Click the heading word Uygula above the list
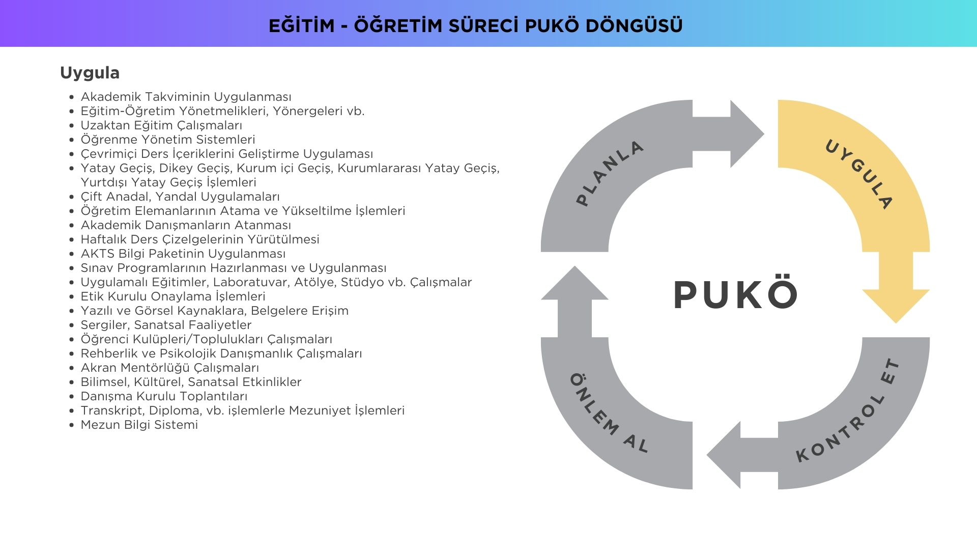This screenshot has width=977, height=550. [90, 73]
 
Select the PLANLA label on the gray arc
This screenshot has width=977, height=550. [610, 173]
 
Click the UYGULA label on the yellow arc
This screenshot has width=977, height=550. [859, 174]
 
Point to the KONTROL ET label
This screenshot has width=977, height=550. [848, 410]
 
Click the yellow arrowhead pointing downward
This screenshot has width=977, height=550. [896, 306]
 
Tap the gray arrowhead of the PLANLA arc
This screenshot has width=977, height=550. [747, 134]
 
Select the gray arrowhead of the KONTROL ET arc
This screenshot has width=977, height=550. [724, 455]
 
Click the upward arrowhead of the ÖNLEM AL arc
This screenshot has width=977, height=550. [574, 283]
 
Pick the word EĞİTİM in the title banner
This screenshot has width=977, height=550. [302, 25]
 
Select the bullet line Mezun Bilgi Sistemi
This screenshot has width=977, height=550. [139, 425]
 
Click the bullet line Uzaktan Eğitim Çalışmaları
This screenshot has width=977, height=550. [161, 125]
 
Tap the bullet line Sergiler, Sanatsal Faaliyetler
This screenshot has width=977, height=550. [166, 325]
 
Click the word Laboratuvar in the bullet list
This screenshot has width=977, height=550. [249, 282]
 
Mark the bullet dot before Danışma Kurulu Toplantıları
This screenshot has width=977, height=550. [72, 397]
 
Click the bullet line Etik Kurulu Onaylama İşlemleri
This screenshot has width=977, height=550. [173, 296]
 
